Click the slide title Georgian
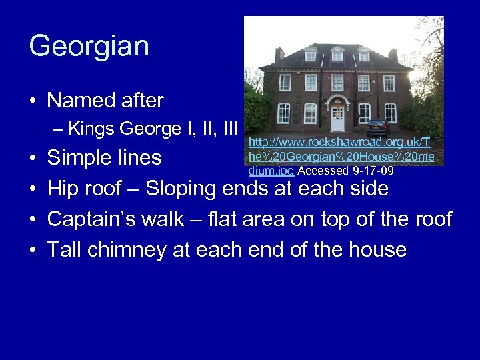click(x=89, y=47)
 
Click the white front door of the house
click(x=338, y=119)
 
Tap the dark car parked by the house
click(x=377, y=127)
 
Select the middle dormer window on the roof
click(x=337, y=55)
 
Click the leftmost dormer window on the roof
click(x=311, y=55)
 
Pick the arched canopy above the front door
click(x=338, y=100)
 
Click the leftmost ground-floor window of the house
click(x=284, y=113)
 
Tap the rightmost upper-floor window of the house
click(x=389, y=83)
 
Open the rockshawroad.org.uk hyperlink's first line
click(x=339, y=142)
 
